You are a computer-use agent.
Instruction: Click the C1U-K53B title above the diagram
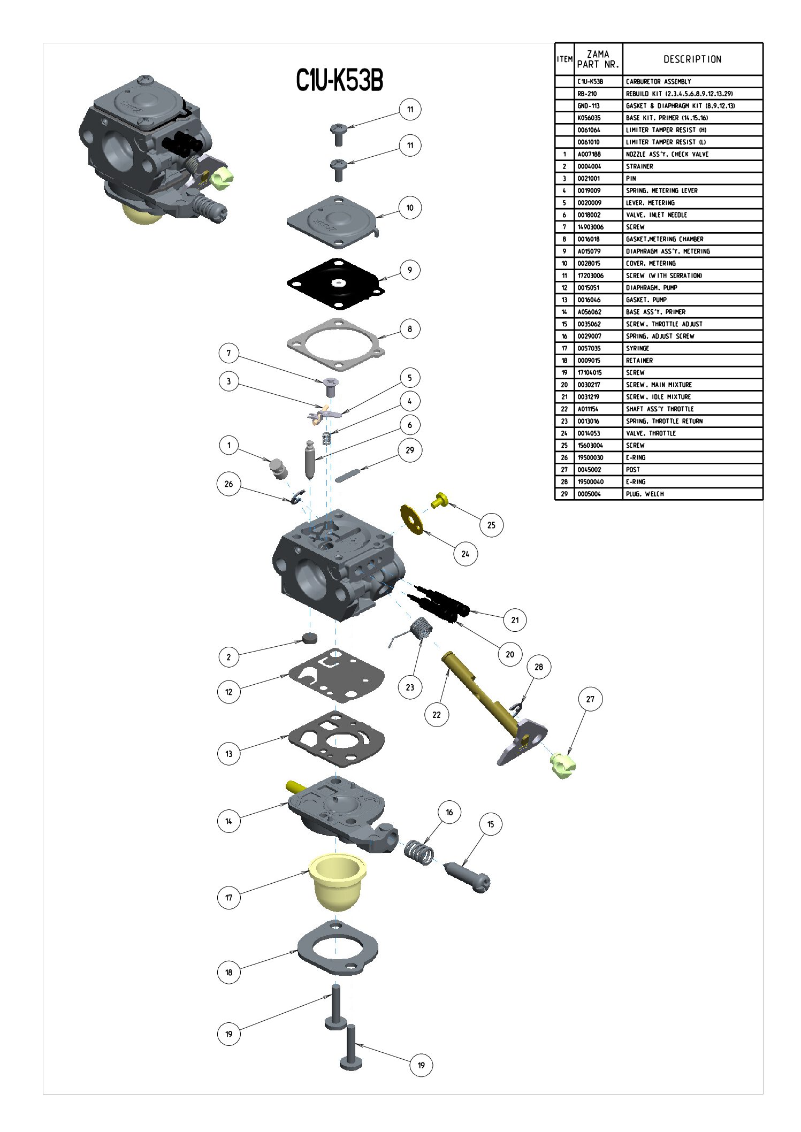click(x=340, y=81)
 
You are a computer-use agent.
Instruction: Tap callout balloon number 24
click(x=465, y=554)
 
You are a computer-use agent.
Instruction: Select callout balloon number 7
click(x=229, y=353)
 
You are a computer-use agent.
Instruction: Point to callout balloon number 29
click(x=410, y=450)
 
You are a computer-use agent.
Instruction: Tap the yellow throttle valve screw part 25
click(x=440, y=500)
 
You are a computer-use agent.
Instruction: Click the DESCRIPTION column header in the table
click(x=692, y=59)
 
